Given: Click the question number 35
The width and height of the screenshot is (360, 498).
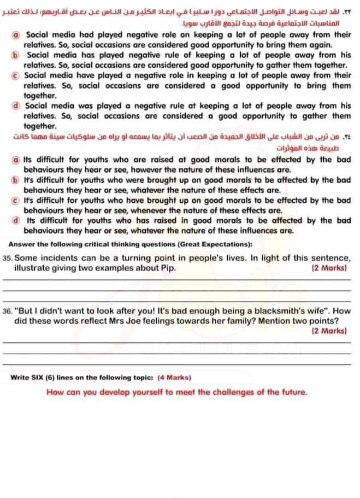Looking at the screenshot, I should coord(7,258).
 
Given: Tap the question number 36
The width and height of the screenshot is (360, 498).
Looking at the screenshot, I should coord(7,310).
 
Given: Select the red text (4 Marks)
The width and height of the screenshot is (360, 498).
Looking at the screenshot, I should coord(174,377).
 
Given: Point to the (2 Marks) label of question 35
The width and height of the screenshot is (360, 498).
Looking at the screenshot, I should coord(330,268).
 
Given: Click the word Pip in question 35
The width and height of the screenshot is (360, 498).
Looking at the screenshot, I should coord(168,268).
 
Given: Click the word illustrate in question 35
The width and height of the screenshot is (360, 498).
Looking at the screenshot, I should coord(31,268).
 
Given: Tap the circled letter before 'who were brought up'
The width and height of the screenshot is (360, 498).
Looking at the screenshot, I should coord(17,180).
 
